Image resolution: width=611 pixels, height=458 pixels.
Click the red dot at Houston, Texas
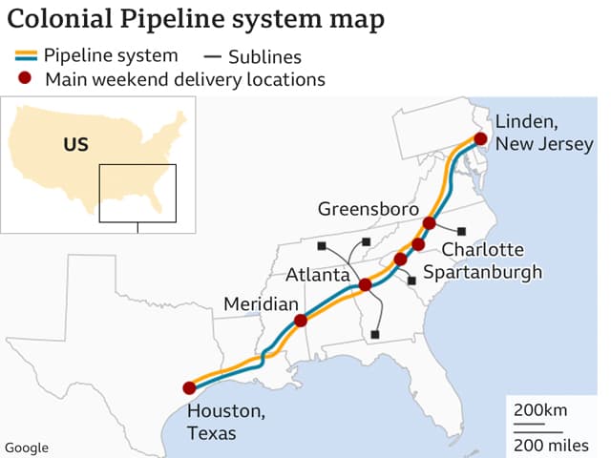click(189, 388)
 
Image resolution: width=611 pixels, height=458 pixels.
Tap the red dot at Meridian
click(301, 321)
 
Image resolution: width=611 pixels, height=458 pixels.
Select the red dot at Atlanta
click(365, 284)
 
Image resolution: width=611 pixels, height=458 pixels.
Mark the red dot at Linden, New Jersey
click(480, 139)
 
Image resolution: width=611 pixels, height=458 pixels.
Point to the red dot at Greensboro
click(429, 223)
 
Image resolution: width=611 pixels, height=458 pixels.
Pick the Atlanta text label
click(319, 275)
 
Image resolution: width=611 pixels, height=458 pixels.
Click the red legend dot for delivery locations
click(27, 79)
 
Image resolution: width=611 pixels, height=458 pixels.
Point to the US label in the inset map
click(75, 145)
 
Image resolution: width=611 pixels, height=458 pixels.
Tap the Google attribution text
click(27, 448)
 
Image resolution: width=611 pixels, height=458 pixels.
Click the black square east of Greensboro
click(462, 231)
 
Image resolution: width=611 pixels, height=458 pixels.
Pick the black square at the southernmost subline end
click(375, 334)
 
